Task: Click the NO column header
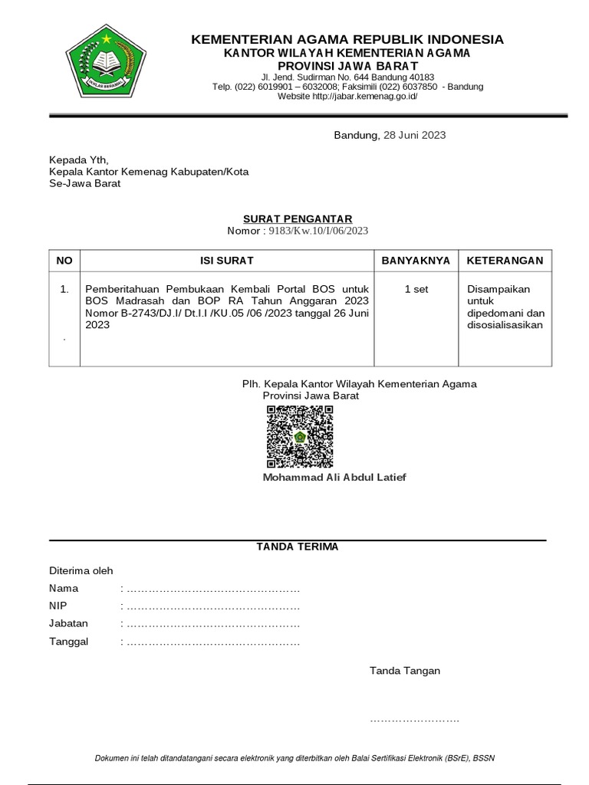64,261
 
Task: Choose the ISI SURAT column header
227,261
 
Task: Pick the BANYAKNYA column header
416,261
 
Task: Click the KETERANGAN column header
505,261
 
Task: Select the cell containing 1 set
416,290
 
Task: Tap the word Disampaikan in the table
499,290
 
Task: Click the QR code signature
300,436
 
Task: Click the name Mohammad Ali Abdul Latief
334,478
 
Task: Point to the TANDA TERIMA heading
297,547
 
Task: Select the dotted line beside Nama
212,589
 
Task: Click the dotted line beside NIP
212,606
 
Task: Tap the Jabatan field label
68,624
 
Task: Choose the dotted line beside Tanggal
212,642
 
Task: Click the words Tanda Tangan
405,671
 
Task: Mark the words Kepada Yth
79,160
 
